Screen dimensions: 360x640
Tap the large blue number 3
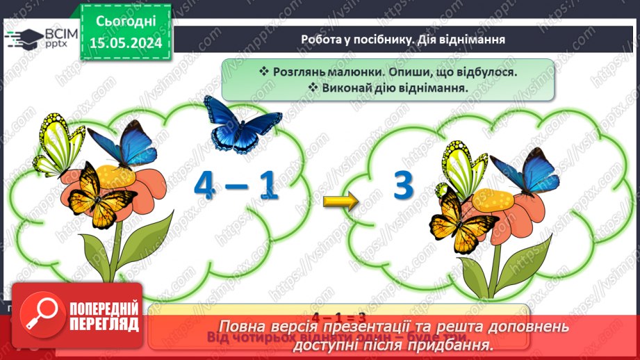(x=403, y=186)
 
